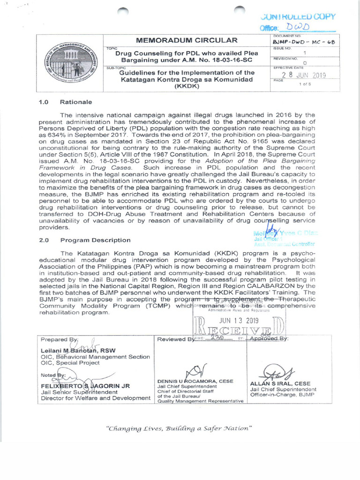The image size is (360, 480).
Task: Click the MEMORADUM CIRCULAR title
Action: click(186, 40)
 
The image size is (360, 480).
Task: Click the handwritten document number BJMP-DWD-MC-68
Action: click(304, 42)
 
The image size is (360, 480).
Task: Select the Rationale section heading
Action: click(76, 102)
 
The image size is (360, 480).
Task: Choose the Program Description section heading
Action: click(95, 240)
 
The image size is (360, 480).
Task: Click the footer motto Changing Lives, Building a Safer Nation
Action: click(180, 428)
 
